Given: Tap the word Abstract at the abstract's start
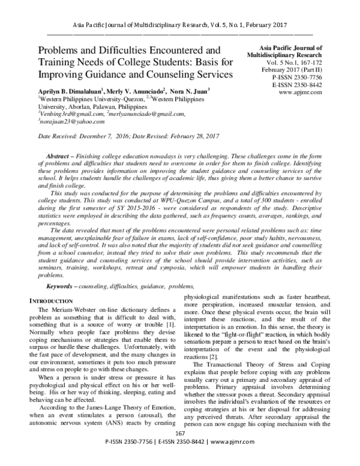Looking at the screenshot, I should tap(58, 154).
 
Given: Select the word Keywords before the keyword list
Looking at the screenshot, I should tap(59, 287).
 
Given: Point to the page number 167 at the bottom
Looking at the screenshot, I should tap(179, 450).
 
